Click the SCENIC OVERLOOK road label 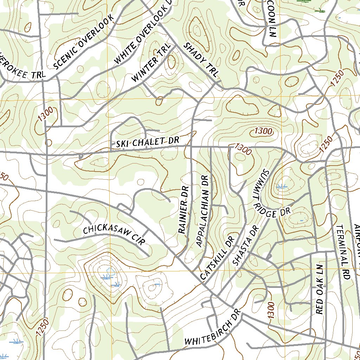84,42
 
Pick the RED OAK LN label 320,288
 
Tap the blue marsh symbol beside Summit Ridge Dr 282,187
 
